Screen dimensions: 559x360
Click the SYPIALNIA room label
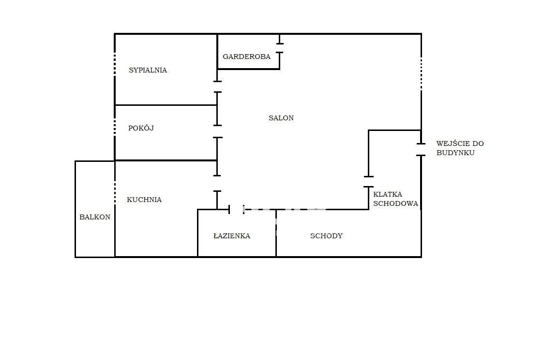(148, 70)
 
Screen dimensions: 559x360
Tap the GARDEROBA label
(247, 57)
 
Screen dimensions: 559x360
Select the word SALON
(281, 118)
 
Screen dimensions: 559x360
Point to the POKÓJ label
(141, 128)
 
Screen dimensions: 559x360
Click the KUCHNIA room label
(144, 200)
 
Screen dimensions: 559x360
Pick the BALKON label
(95, 217)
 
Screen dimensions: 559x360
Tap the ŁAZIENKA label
(232, 236)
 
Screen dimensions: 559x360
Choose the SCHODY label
(326, 236)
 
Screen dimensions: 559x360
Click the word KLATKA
(388, 194)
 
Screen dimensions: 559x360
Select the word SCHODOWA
(395, 204)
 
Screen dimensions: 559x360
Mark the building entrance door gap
(421, 149)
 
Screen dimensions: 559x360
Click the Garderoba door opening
(280, 48)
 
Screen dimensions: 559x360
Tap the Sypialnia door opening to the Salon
(217, 87)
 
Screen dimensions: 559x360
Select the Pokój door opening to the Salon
(217, 131)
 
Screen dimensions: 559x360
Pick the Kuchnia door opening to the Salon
(217, 184)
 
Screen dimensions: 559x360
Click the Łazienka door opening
(236, 209)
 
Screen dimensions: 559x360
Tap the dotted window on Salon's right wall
(421, 74)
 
